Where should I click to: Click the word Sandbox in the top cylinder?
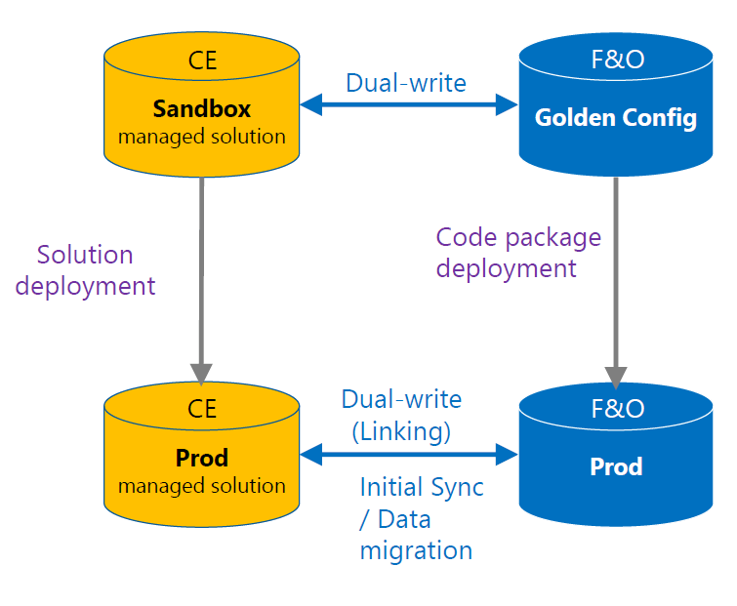201,107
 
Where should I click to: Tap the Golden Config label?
616,118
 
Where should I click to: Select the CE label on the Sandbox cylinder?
202,61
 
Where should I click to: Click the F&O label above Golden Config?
617,61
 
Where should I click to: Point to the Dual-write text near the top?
406,83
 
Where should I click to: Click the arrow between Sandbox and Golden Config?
408,103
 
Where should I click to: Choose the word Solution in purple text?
85,256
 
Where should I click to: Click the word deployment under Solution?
86,286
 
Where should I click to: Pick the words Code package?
518,237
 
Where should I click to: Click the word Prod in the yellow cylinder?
201,458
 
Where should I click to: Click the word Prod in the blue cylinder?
616,466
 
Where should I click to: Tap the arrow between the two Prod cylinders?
408,454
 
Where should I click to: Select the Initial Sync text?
422,487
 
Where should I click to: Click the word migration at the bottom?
416,550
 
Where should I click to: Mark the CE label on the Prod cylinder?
202,410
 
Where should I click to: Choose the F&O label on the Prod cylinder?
617,409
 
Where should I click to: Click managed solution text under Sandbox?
201,137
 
